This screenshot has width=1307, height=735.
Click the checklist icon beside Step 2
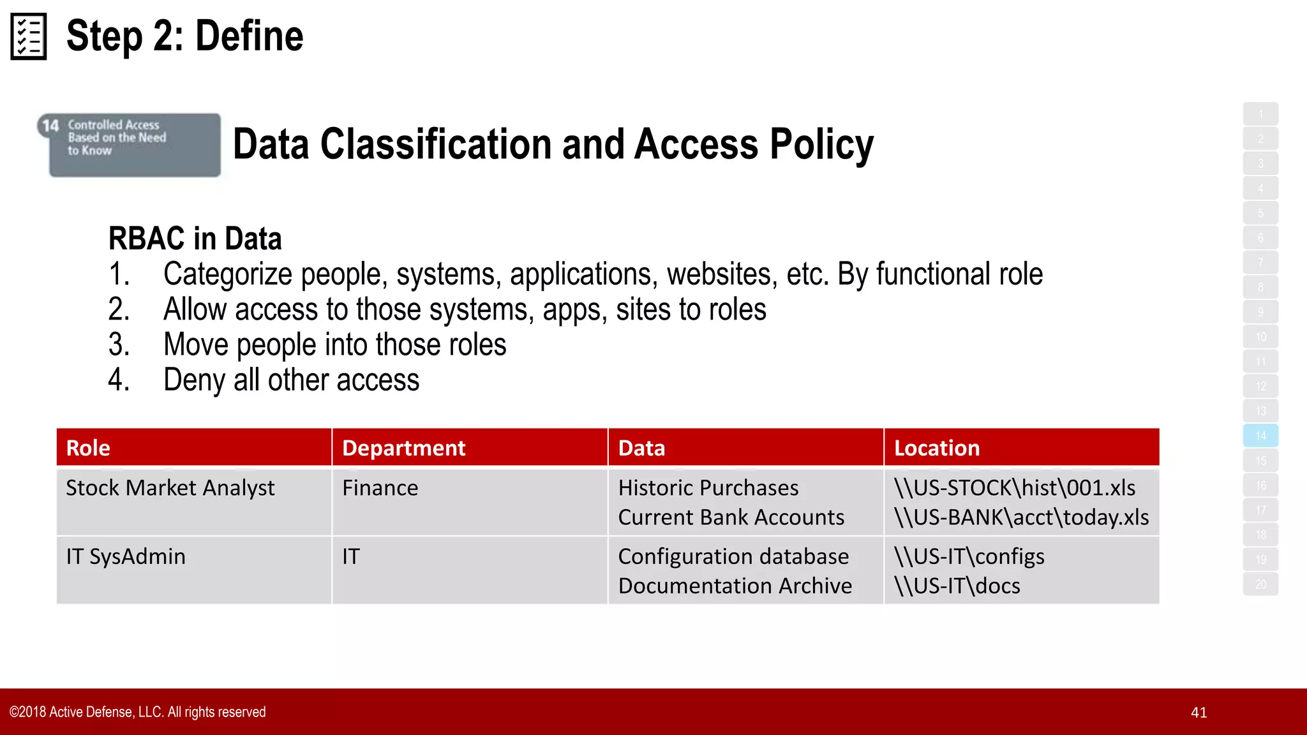coord(29,36)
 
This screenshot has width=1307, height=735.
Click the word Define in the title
coord(249,36)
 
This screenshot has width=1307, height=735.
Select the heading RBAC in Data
coord(195,239)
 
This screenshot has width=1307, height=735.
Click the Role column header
coord(88,448)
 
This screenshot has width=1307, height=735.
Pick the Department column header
coord(403,448)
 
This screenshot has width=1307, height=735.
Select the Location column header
coord(936,448)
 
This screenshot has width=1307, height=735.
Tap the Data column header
coord(641,448)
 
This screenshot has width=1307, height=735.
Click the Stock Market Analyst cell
coord(170,488)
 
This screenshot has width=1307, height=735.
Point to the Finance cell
coord(380,488)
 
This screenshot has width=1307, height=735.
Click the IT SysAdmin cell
coord(126,556)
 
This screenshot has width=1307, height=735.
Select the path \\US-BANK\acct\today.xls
coord(1021,517)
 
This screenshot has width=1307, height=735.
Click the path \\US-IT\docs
coord(957,586)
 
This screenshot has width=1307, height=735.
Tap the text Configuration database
coord(733,556)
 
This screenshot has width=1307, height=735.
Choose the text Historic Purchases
coord(708,488)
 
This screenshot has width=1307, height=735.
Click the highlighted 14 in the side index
coord(1260,436)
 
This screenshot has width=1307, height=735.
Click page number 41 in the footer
coord(1199,713)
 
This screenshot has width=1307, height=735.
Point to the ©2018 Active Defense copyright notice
coord(137,712)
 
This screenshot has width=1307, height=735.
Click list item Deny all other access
coord(291,380)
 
